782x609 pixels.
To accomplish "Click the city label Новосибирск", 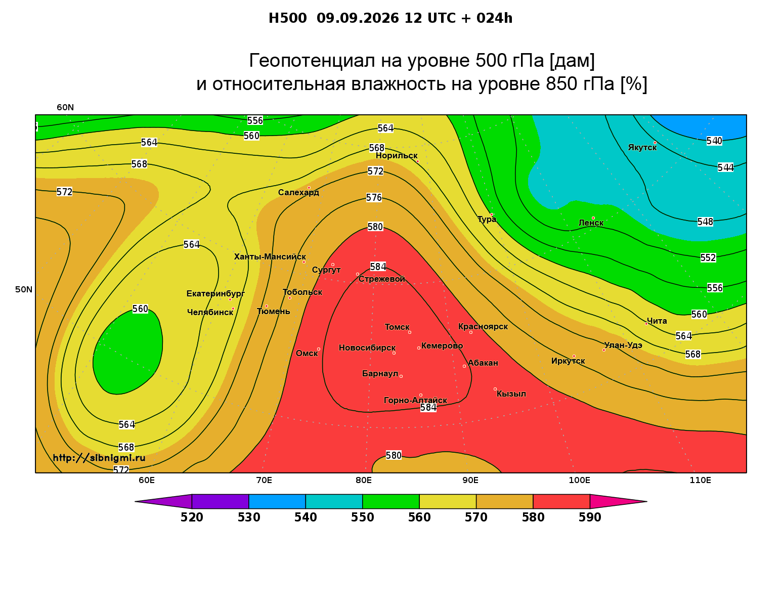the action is [x=367, y=348].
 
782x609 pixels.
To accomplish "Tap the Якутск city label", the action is [x=642, y=148].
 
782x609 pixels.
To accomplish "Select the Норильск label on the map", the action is [x=397, y=156].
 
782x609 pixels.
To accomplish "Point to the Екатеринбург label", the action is [x=215, y=294].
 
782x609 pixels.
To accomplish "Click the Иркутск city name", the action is [x=568, y=361].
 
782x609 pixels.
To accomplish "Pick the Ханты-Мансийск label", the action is [x=270, y=257].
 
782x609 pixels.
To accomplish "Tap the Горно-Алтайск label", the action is [x=415, y=401].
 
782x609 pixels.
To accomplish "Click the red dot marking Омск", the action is [x=319, y=350].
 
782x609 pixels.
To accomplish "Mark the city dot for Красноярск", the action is [x=471, y=332].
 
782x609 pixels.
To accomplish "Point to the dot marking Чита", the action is [x=646, y=324].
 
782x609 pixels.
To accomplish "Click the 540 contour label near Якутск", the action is [x=714, y=141].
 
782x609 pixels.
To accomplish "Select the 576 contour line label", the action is [x=374, y=198].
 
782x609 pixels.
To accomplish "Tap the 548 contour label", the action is [x=705, y=222].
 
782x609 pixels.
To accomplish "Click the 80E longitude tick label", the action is [x=364, y=481].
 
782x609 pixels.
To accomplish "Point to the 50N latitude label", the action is [x=24, y=289].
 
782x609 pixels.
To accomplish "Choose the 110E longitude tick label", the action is [x=700, y=481].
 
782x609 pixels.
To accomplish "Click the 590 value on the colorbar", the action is [x=590, y=517].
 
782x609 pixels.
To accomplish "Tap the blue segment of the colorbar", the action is [x=277, y=501].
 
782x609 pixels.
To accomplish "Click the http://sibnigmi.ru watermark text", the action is [x=99, y=458].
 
